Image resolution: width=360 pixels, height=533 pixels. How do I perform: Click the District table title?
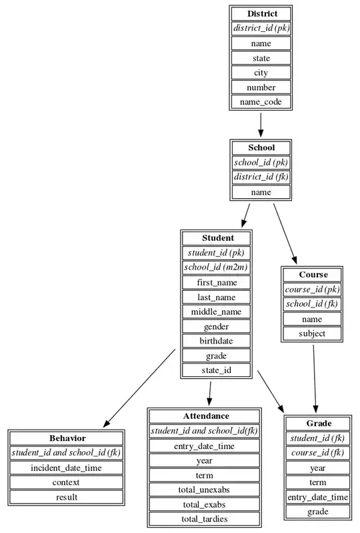click(261, 14)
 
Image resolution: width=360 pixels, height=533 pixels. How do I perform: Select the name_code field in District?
click(261, 102)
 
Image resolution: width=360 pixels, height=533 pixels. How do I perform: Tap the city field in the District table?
click(261, 73)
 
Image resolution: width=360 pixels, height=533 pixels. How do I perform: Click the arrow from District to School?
click(261, 124)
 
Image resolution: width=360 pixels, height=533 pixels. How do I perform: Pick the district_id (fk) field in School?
click(261, 177)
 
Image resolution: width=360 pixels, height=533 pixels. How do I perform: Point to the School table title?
click(261, 148)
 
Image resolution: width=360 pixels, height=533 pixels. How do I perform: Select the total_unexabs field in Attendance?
click(204, 490)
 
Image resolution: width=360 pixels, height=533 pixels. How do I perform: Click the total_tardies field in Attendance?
click(204, 519)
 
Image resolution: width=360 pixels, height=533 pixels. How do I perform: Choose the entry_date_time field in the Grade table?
click(318, 497)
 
